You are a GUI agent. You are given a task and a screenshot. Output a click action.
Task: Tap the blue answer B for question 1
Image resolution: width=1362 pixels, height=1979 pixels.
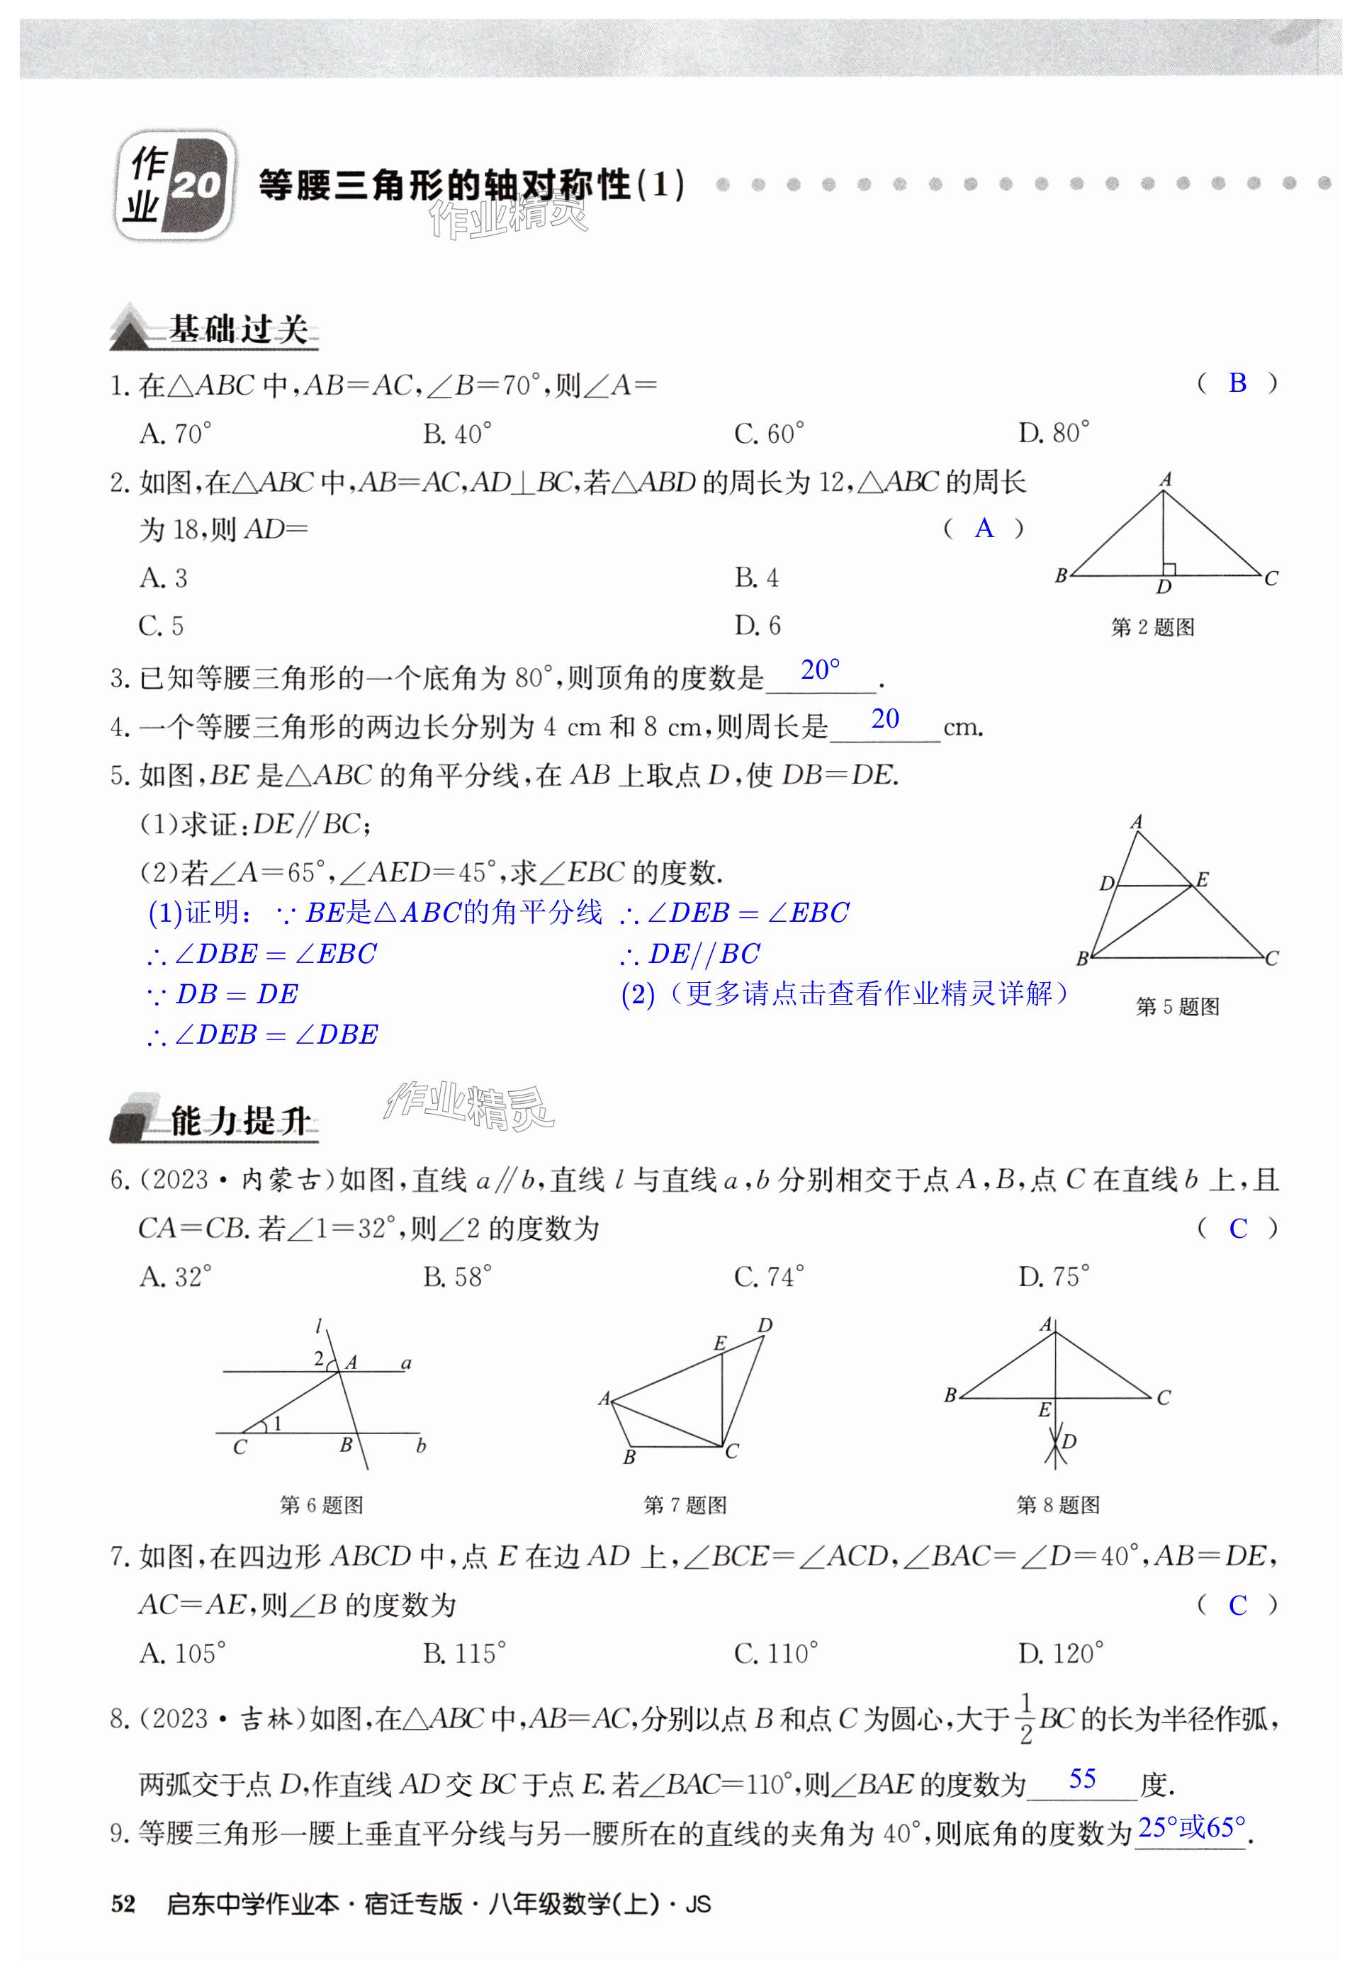pos(1237,383)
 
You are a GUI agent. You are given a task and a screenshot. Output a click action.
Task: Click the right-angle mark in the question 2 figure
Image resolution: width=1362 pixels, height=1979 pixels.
pos(1169,569)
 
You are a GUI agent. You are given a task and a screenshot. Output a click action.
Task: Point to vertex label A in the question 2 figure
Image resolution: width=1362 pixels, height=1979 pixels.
pos(1166,480)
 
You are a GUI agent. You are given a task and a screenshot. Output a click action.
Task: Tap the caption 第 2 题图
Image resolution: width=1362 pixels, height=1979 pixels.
pos(1152,627)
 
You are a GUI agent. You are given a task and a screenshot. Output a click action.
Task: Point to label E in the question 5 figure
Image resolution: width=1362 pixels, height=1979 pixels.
pos(1202,879)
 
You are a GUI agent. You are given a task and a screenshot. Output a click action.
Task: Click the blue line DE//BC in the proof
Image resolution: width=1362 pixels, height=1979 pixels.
pos(691,953)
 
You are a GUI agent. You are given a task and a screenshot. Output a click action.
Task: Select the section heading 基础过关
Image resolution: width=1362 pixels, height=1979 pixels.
pos(237,329)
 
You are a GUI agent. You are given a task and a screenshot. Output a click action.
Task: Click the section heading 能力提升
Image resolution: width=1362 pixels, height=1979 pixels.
pos(239,1120)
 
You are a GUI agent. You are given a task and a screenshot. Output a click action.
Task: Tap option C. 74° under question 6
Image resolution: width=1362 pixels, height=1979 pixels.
pos(768,1277)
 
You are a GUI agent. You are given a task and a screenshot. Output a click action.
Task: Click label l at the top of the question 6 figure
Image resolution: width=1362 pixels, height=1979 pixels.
pos(317,1326)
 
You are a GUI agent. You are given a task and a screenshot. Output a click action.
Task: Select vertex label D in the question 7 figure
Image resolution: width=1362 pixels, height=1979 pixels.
pos(765,1325)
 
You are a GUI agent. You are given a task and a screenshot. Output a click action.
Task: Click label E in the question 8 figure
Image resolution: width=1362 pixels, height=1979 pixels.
pos(1044,1411)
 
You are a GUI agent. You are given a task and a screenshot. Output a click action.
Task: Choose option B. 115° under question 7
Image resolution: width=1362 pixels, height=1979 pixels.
pos(464,1653)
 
